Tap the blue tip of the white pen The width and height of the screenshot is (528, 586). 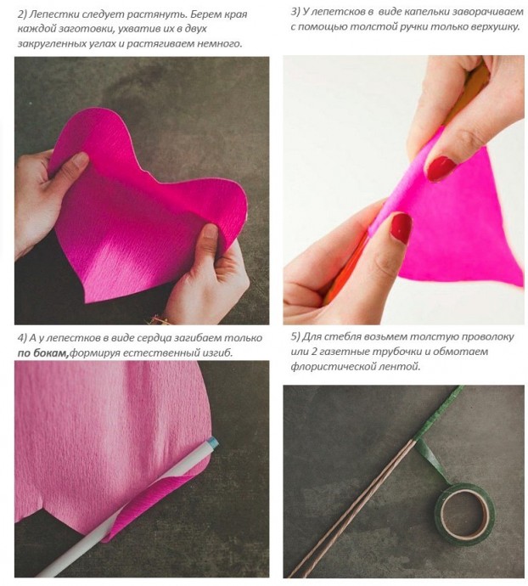click(x=213, y=442)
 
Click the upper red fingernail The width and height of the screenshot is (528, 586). click(x=441, y=168)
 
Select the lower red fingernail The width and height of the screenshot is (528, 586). click(x=401, y=228)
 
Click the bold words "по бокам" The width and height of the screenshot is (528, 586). click(x=43, y=352)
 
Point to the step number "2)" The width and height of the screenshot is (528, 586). click(x=22, y=14)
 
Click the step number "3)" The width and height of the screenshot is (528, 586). click(x=295, y=12)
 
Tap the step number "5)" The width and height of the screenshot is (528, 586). click(x=295, y=336)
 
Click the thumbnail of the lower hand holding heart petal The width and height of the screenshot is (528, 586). click(x=210, y=233)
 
